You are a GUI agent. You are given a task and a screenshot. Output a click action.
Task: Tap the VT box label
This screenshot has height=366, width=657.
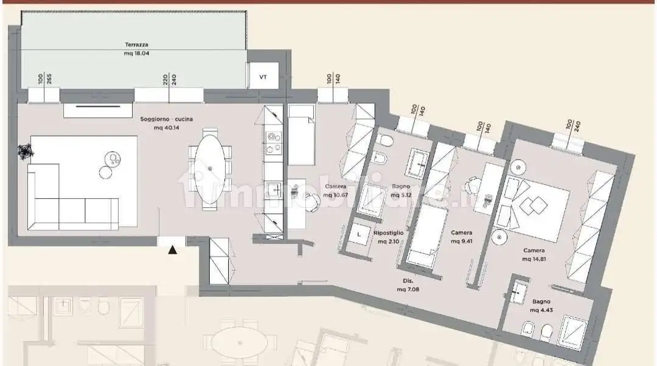[263, 77]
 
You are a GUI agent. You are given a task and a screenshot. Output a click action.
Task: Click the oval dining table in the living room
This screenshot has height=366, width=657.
[210, 168]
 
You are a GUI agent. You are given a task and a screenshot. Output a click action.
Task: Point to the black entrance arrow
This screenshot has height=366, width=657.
[173, 249]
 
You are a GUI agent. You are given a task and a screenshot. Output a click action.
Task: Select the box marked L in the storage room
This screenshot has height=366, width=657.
[360, 234]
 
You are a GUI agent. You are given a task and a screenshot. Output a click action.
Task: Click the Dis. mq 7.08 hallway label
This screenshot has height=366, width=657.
[408, 285]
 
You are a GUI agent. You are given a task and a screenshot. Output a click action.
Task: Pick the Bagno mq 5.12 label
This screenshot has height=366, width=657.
[401, 191]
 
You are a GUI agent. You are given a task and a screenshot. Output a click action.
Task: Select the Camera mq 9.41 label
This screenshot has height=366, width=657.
[461, 237]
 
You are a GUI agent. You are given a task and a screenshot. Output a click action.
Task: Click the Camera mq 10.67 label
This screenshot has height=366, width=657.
[336, 190]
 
